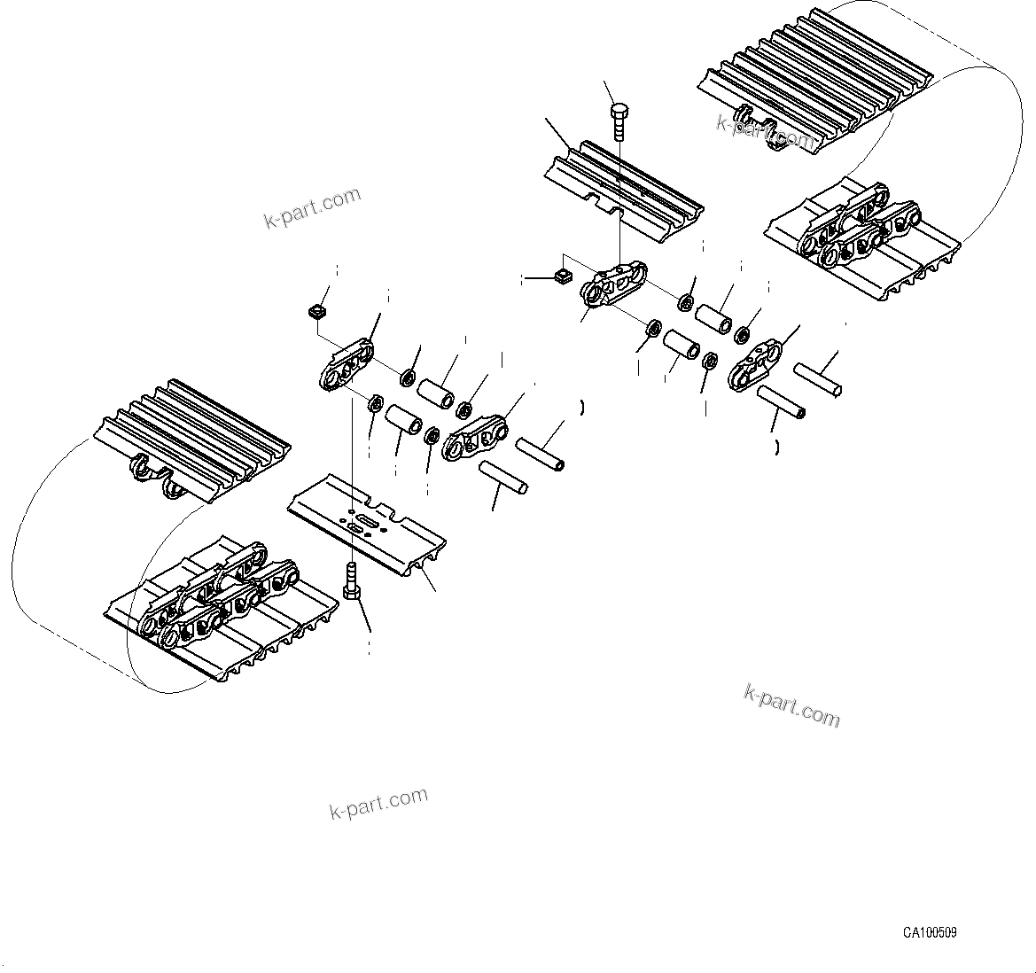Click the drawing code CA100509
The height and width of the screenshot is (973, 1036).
pos(929,932)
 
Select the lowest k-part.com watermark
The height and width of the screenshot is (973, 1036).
pos(378,803)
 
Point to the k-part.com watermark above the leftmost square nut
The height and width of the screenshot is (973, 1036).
pos(313,207)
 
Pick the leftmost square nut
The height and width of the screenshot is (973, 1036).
pos(316,311)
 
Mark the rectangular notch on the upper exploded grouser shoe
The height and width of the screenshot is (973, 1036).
pos(605,205)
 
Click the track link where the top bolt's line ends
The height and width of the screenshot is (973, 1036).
pos(613,284)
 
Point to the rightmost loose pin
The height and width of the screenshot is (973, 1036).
pos(817,379)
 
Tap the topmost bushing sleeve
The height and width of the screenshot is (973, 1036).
pos(715,320)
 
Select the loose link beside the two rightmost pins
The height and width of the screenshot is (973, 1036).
pos(754,367)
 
